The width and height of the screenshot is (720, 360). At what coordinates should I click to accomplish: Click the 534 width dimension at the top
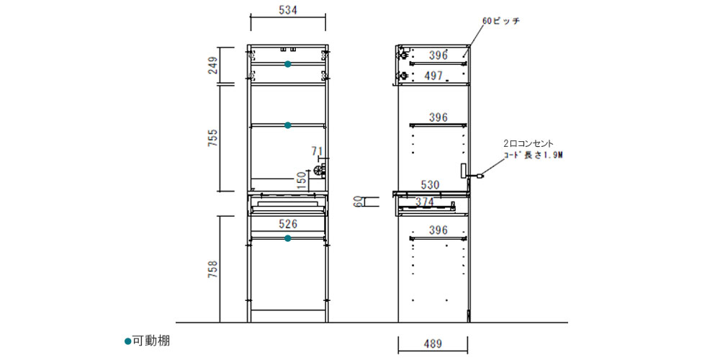pyautogui.click(x=288, y=9)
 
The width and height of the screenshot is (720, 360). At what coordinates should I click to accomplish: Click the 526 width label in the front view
pyautogui.click(x=288, y=224)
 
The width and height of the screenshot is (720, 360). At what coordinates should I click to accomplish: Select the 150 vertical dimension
pyautogui.click(x=302, y=181)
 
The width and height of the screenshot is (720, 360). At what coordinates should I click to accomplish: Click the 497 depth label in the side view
pyautogui.click(x=433, y=76)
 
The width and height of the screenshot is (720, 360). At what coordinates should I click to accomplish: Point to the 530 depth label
pyautogui.click(x=430, y=185)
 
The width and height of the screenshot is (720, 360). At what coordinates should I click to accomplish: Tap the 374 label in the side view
pyautogui.click(x=426, y=201)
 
